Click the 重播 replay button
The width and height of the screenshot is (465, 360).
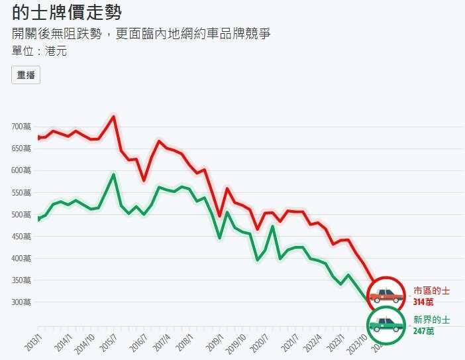click(26, 76)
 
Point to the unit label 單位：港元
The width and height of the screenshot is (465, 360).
click(39, 50)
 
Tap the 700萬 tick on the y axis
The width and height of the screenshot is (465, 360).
click(21, 126)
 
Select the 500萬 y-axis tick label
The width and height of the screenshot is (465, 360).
click(21, 214)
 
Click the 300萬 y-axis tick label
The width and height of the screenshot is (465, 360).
click(21, 302)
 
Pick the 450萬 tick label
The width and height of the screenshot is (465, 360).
click(21, 236)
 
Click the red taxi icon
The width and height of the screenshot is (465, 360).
click(386, 294)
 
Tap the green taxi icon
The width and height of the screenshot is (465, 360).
click(386, 325)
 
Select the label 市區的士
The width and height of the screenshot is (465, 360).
click(432, 290)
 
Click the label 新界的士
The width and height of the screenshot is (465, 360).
click(432, 320)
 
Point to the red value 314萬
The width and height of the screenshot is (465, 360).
click(424, 302)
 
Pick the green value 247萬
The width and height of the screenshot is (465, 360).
click(424, 330)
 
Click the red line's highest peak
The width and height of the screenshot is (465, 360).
click(114, 117)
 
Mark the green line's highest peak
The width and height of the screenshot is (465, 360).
click(114, 175)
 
